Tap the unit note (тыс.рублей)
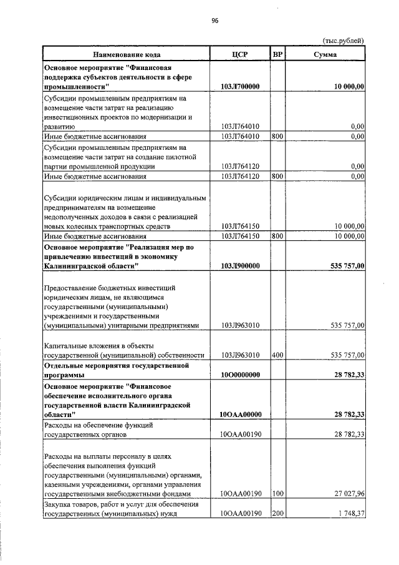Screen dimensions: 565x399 click(x=342, y=41)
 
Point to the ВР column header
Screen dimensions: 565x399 click(x=278, y=54)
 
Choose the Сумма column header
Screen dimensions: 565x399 click(x=325, y=54)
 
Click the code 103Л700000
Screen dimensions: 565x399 click(x=240, y=87)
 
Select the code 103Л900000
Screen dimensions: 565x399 click(x=240, y=266)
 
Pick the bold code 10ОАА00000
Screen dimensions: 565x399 click(x=240, y=413)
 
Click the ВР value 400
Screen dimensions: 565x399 click(x=278, y=355)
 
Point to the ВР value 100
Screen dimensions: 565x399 click(x=278, y=494)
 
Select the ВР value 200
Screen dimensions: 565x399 click(x=278, y=513)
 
